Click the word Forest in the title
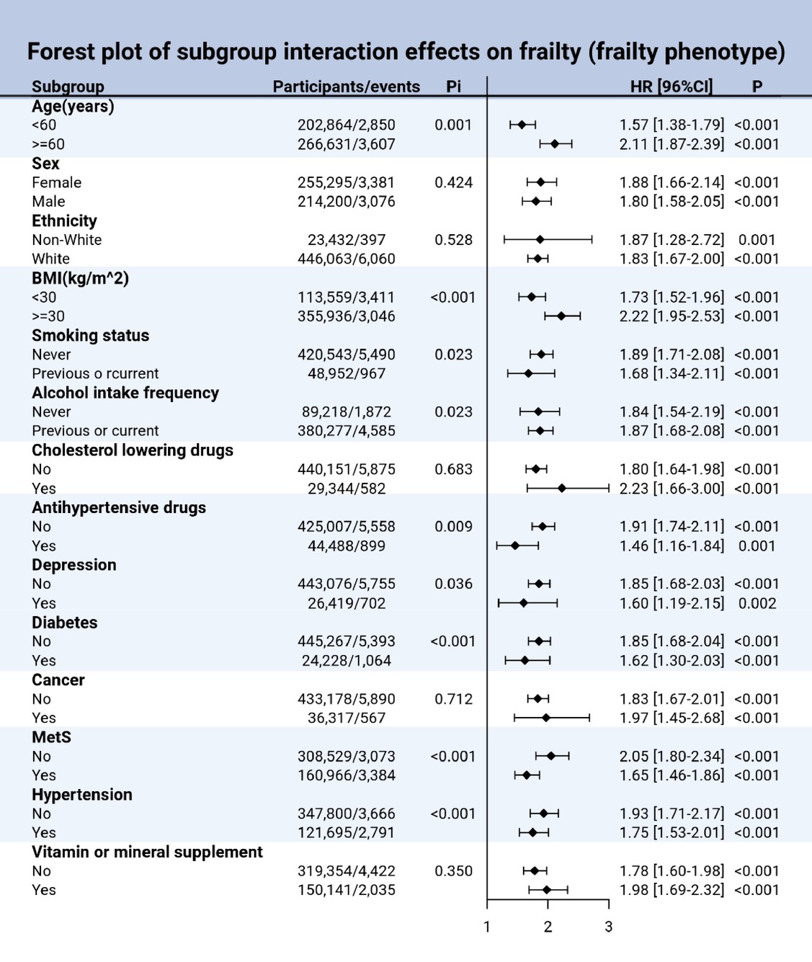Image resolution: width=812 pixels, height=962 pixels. (x=61, y=51)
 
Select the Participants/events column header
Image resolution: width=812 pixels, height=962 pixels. (x=347, y=86)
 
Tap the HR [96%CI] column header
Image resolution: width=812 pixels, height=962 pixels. (x=671, y=86)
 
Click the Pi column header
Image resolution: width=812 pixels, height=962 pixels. (x=453, y=86)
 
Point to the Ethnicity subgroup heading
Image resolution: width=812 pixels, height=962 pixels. (x=64, y=221)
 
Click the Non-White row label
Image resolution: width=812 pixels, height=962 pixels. (x=67, y=239)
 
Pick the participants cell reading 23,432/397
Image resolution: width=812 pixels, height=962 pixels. (x=347, y=240)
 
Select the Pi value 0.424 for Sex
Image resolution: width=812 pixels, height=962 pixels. (x=453, y=182)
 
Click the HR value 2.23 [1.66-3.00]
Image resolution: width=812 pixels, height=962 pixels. (x=672, y=489)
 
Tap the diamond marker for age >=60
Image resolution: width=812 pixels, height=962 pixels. (x=555, y=144)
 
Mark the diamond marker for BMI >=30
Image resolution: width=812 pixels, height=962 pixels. (x=561, y=316)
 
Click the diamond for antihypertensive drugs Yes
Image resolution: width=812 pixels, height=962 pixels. (x=515, y=546)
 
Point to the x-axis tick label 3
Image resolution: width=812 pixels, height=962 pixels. (x=608, y=927)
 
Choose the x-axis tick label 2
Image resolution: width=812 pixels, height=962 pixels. (x=548, y=927)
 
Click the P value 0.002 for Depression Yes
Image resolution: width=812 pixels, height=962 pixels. (x=757, y=603)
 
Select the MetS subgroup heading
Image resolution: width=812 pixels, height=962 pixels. (x=52, y=737)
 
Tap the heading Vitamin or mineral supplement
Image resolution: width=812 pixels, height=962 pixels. (x=148, y=852)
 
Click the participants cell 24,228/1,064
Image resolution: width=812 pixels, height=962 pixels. (x=347, y=661)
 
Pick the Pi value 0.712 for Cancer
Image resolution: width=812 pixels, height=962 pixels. (x=453, y=699)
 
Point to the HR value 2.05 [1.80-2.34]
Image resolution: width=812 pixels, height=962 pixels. (x=672, y=757)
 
